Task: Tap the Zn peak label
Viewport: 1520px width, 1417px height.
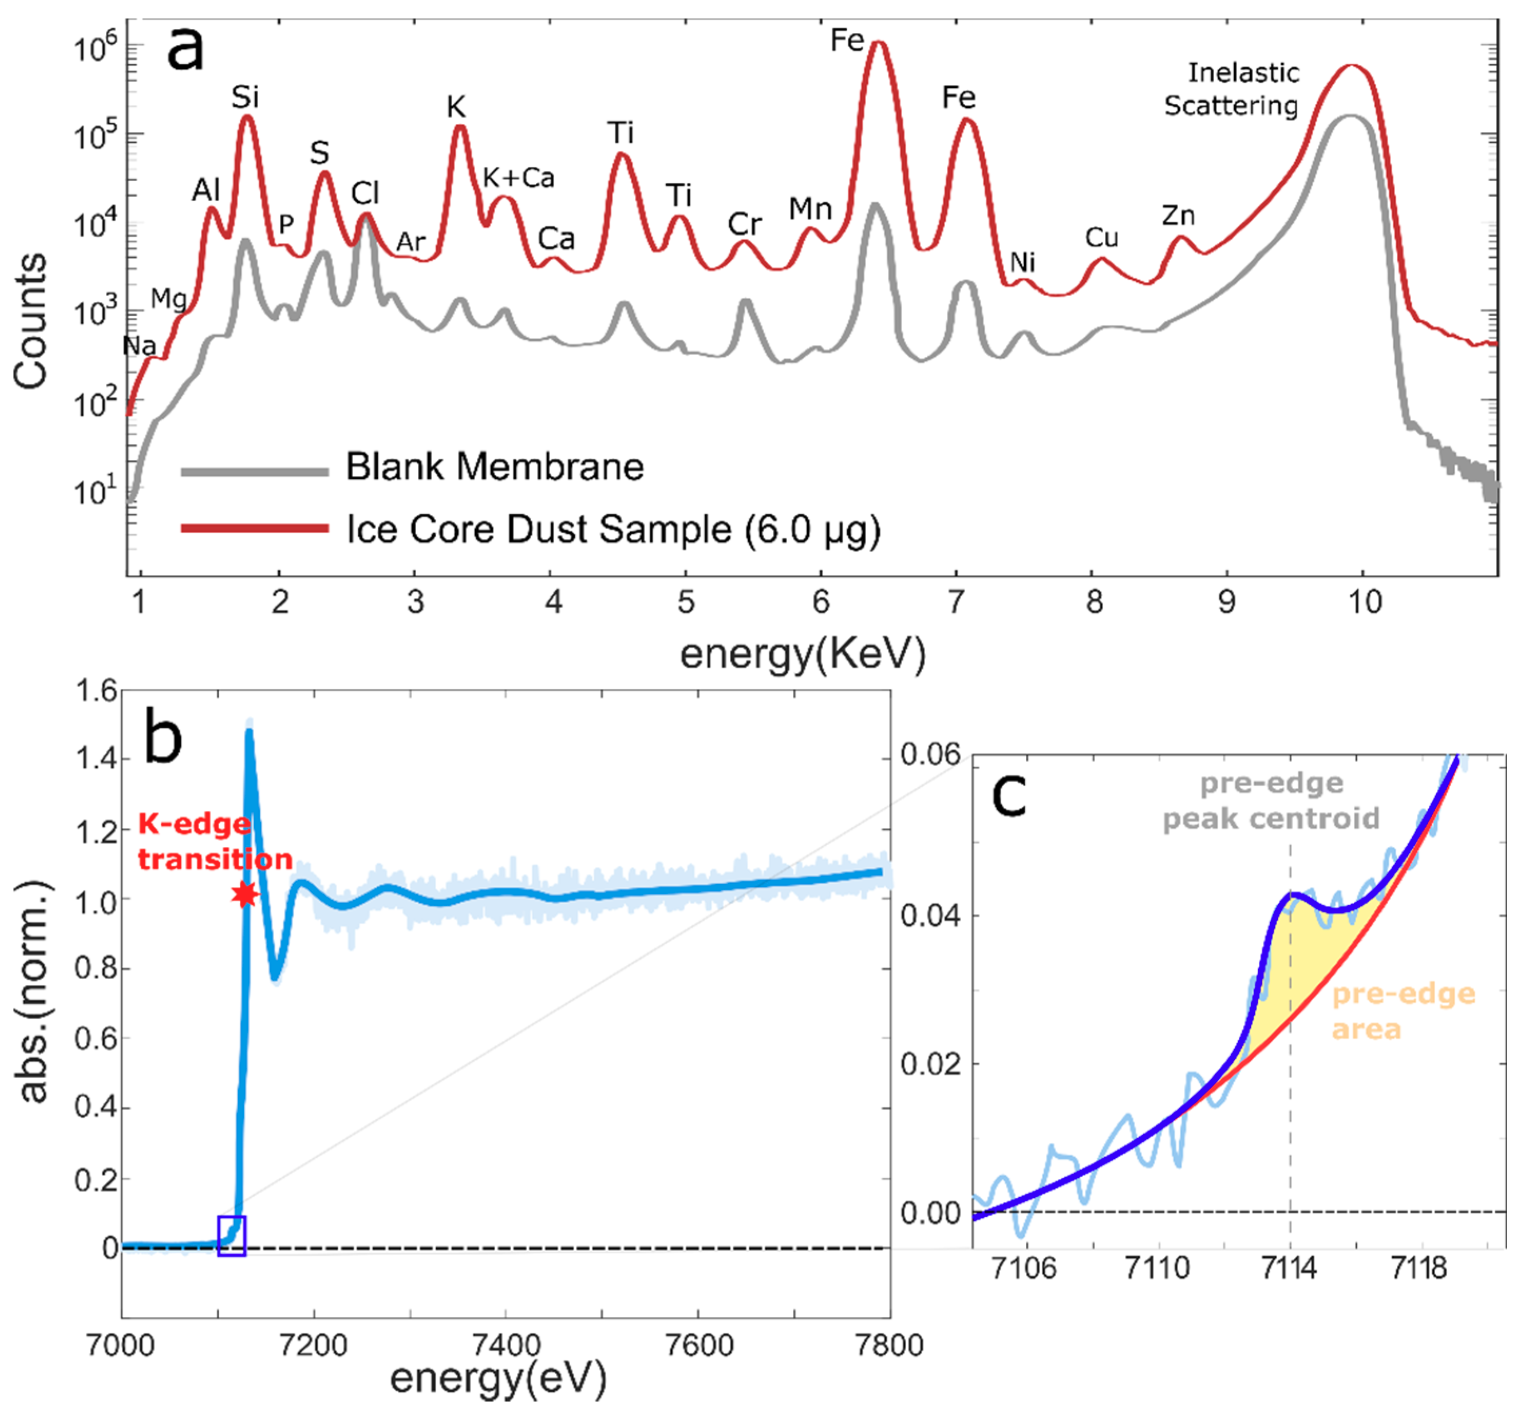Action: (x=1178, y=217)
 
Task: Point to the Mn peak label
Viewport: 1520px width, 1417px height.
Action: (x=810, y=209)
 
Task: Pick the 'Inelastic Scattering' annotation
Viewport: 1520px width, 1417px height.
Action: (x=1232, y=90)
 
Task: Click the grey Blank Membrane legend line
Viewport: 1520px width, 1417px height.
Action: (x=254, y=472)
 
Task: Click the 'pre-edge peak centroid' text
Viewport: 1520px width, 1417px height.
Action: (x=1271, y=802)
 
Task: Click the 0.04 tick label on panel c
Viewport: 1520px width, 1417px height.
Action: (x=930, y=915)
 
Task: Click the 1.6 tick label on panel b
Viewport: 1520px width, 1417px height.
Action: (x=96, y=692)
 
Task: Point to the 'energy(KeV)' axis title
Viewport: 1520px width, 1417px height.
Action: (x=803, y=654)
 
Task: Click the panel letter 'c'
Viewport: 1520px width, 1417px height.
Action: (x=1008, y=795)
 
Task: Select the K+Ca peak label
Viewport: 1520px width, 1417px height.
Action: (x=518, y=178)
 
